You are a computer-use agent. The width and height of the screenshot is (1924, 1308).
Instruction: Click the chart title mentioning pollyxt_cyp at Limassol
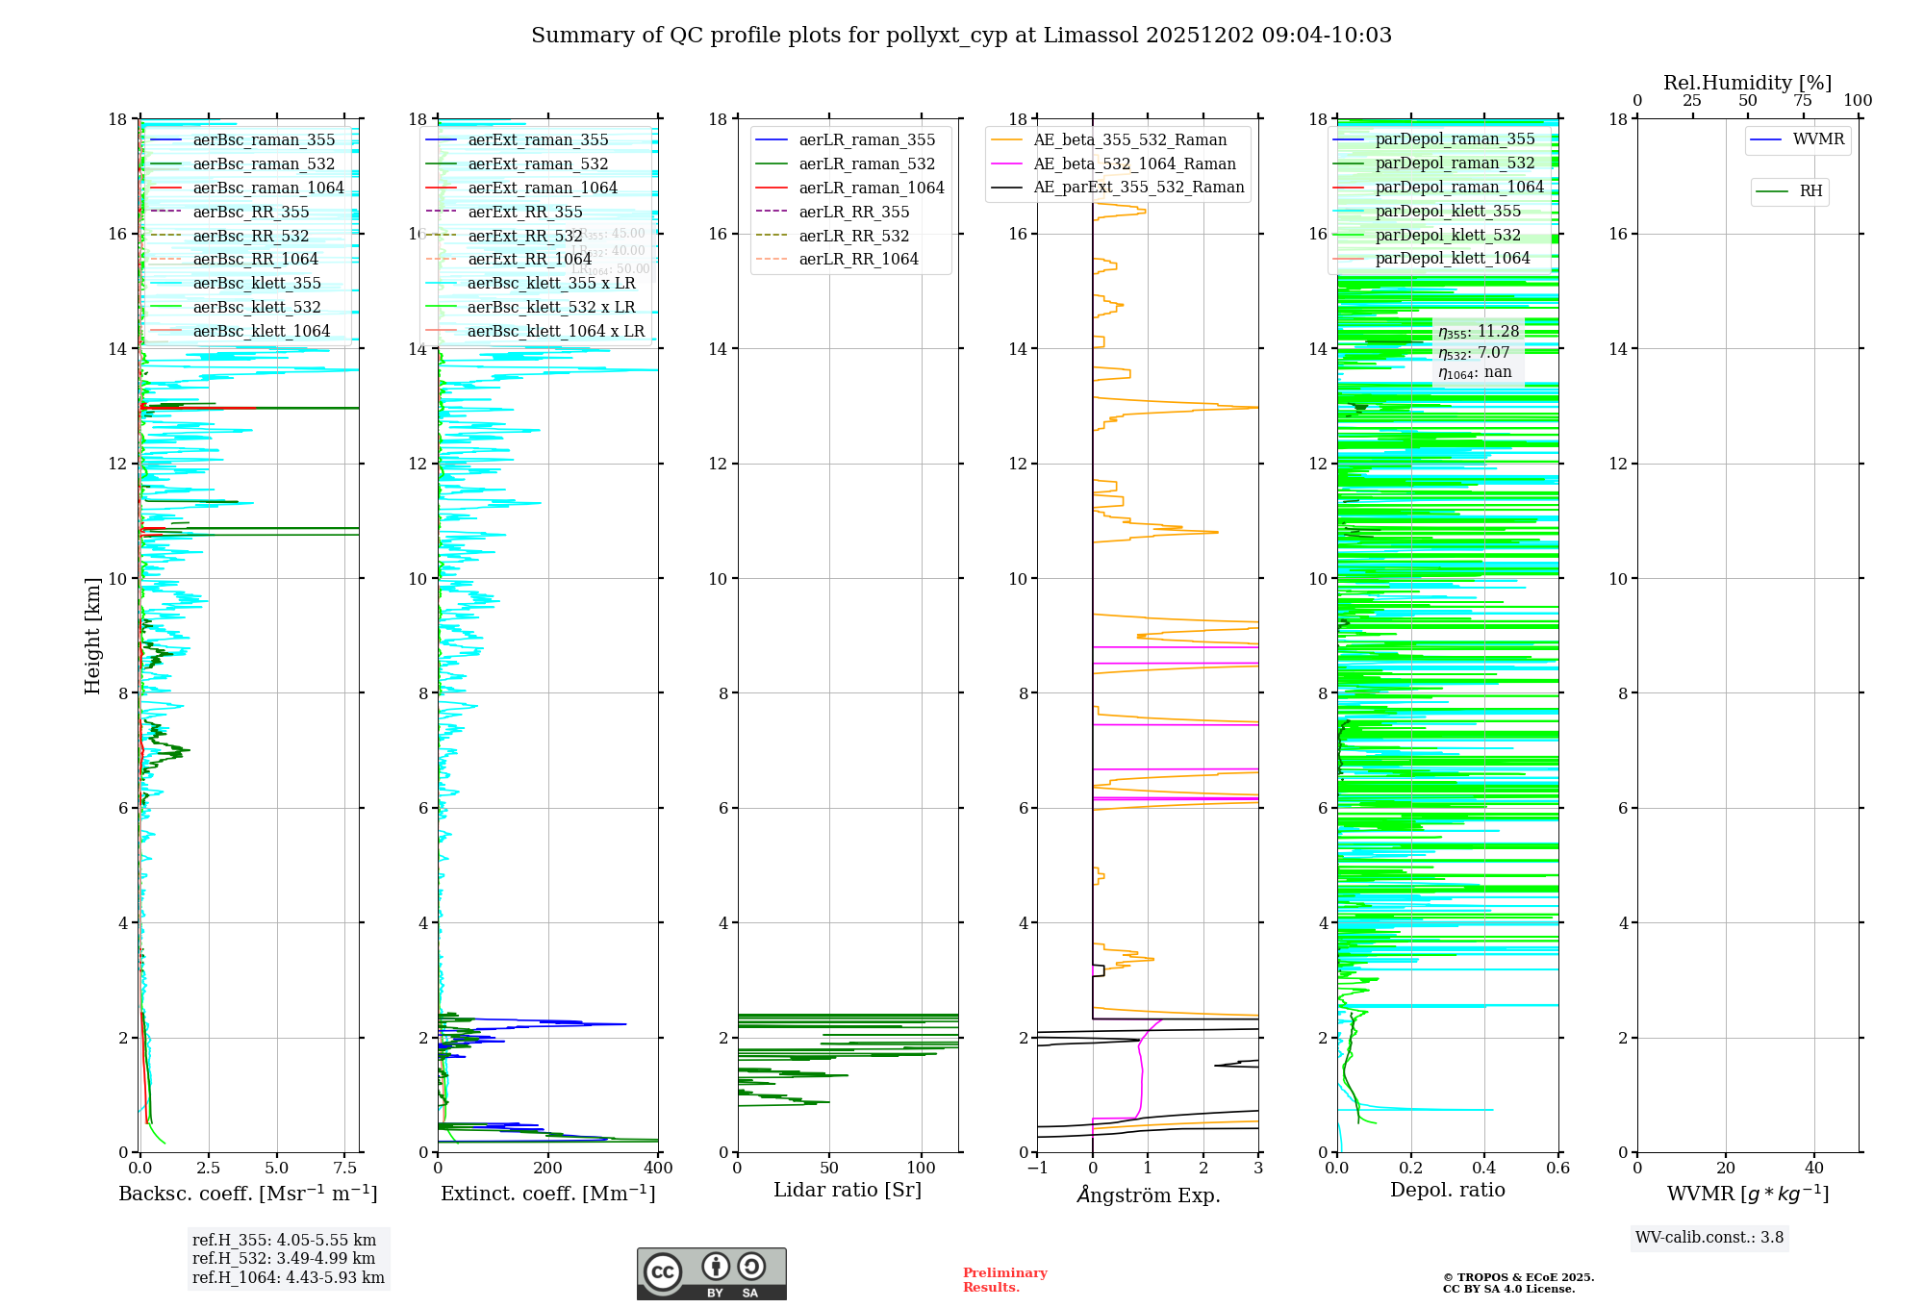961,36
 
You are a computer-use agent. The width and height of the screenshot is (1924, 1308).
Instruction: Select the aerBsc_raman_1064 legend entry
267,188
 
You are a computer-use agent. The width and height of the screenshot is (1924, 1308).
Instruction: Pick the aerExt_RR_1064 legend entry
529,259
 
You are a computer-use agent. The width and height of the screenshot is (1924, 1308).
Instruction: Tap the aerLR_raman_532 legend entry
866,163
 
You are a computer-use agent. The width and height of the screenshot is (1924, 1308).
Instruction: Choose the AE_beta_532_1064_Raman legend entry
1134,163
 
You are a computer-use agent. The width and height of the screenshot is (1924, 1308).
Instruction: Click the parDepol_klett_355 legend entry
1447,211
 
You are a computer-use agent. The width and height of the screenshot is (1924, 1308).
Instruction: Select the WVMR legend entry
1818,139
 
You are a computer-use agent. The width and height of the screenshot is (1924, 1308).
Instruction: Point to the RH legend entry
1810,191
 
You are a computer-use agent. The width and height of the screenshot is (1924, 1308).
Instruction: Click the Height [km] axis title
92,635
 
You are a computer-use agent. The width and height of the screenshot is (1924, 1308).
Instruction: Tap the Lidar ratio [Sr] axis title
847,1191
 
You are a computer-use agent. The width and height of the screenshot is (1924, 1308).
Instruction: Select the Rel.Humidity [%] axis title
1747,83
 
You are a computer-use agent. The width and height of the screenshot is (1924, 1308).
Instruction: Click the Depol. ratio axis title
1447,1191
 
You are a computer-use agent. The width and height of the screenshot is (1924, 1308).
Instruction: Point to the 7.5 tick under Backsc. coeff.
345,1169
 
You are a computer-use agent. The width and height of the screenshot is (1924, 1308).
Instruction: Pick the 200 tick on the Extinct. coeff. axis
547,1169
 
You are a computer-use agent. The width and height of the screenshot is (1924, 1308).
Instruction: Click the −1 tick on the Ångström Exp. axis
1037,1169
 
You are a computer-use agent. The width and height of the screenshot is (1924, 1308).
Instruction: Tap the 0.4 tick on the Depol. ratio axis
1484,1169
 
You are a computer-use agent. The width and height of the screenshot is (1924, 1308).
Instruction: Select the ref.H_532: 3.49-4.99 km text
284,1258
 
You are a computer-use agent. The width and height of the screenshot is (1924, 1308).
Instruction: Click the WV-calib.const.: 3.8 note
1709,1238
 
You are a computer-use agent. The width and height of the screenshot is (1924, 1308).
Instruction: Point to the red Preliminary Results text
1004,1280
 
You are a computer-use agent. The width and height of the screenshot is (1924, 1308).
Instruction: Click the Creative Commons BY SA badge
711,1273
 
